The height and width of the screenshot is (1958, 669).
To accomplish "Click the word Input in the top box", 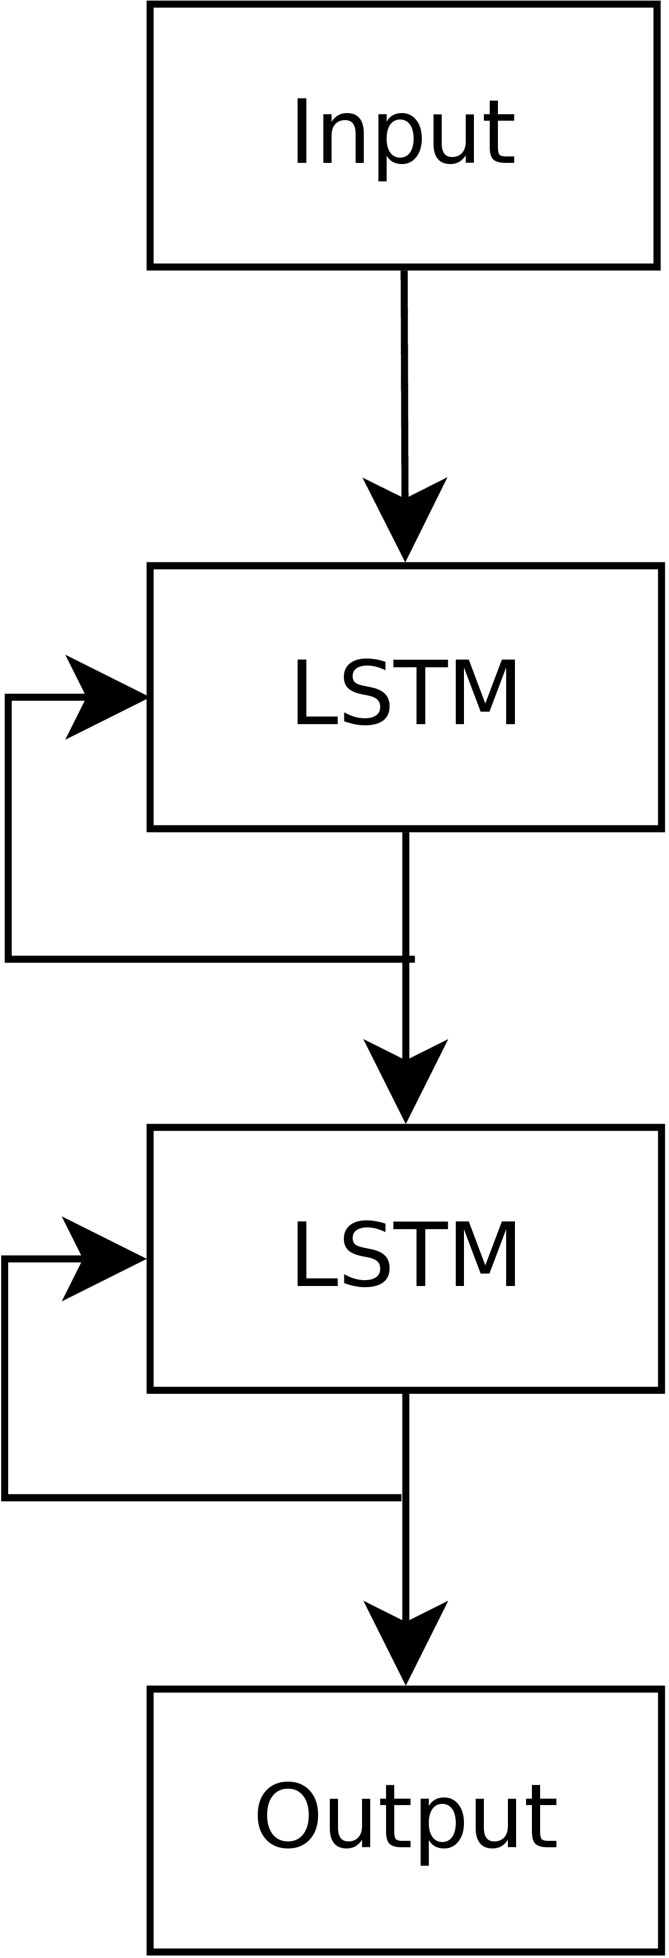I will point(404,135).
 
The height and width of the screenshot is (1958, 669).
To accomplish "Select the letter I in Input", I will point(302,132).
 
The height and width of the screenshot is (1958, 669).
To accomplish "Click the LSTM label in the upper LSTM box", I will point(405,693).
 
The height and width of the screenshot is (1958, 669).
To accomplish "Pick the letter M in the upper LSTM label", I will point(490,693).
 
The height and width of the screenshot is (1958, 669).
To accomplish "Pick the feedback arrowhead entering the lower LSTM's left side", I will point(103,1258).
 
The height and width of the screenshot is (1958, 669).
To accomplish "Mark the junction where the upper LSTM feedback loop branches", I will point(406,959).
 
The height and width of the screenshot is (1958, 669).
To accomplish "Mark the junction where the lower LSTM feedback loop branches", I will point(404,1498).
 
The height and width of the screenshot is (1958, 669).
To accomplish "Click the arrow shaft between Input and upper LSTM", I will point(404,380).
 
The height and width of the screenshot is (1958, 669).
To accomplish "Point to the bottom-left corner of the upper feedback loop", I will point(8,959).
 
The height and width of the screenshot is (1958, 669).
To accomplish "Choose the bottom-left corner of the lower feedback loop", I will point(6,1498).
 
